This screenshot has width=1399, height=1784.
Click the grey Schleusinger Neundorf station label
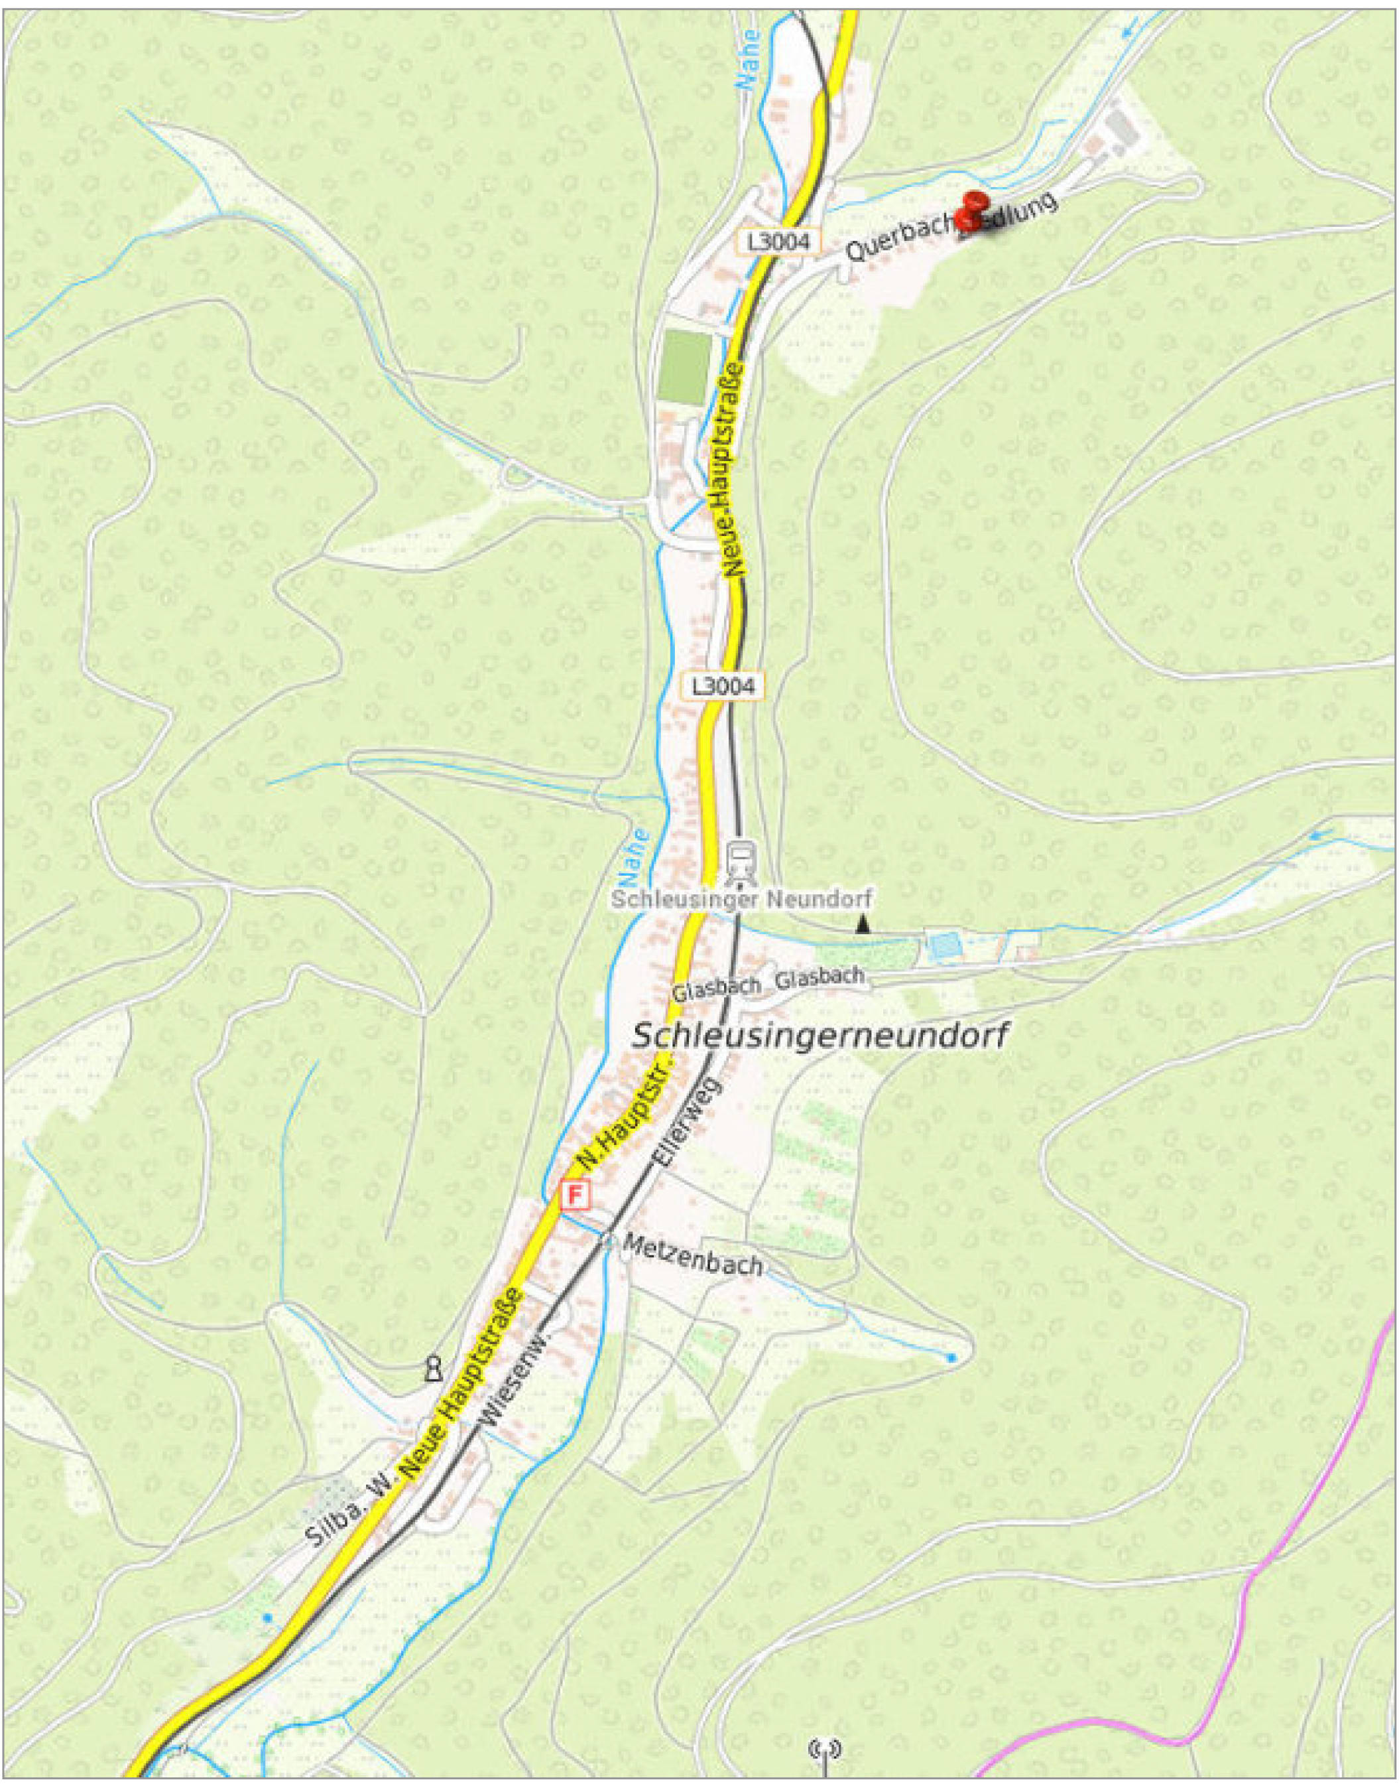(x=741, y=899)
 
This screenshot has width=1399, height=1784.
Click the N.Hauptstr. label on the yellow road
(x=623, y=1115)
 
